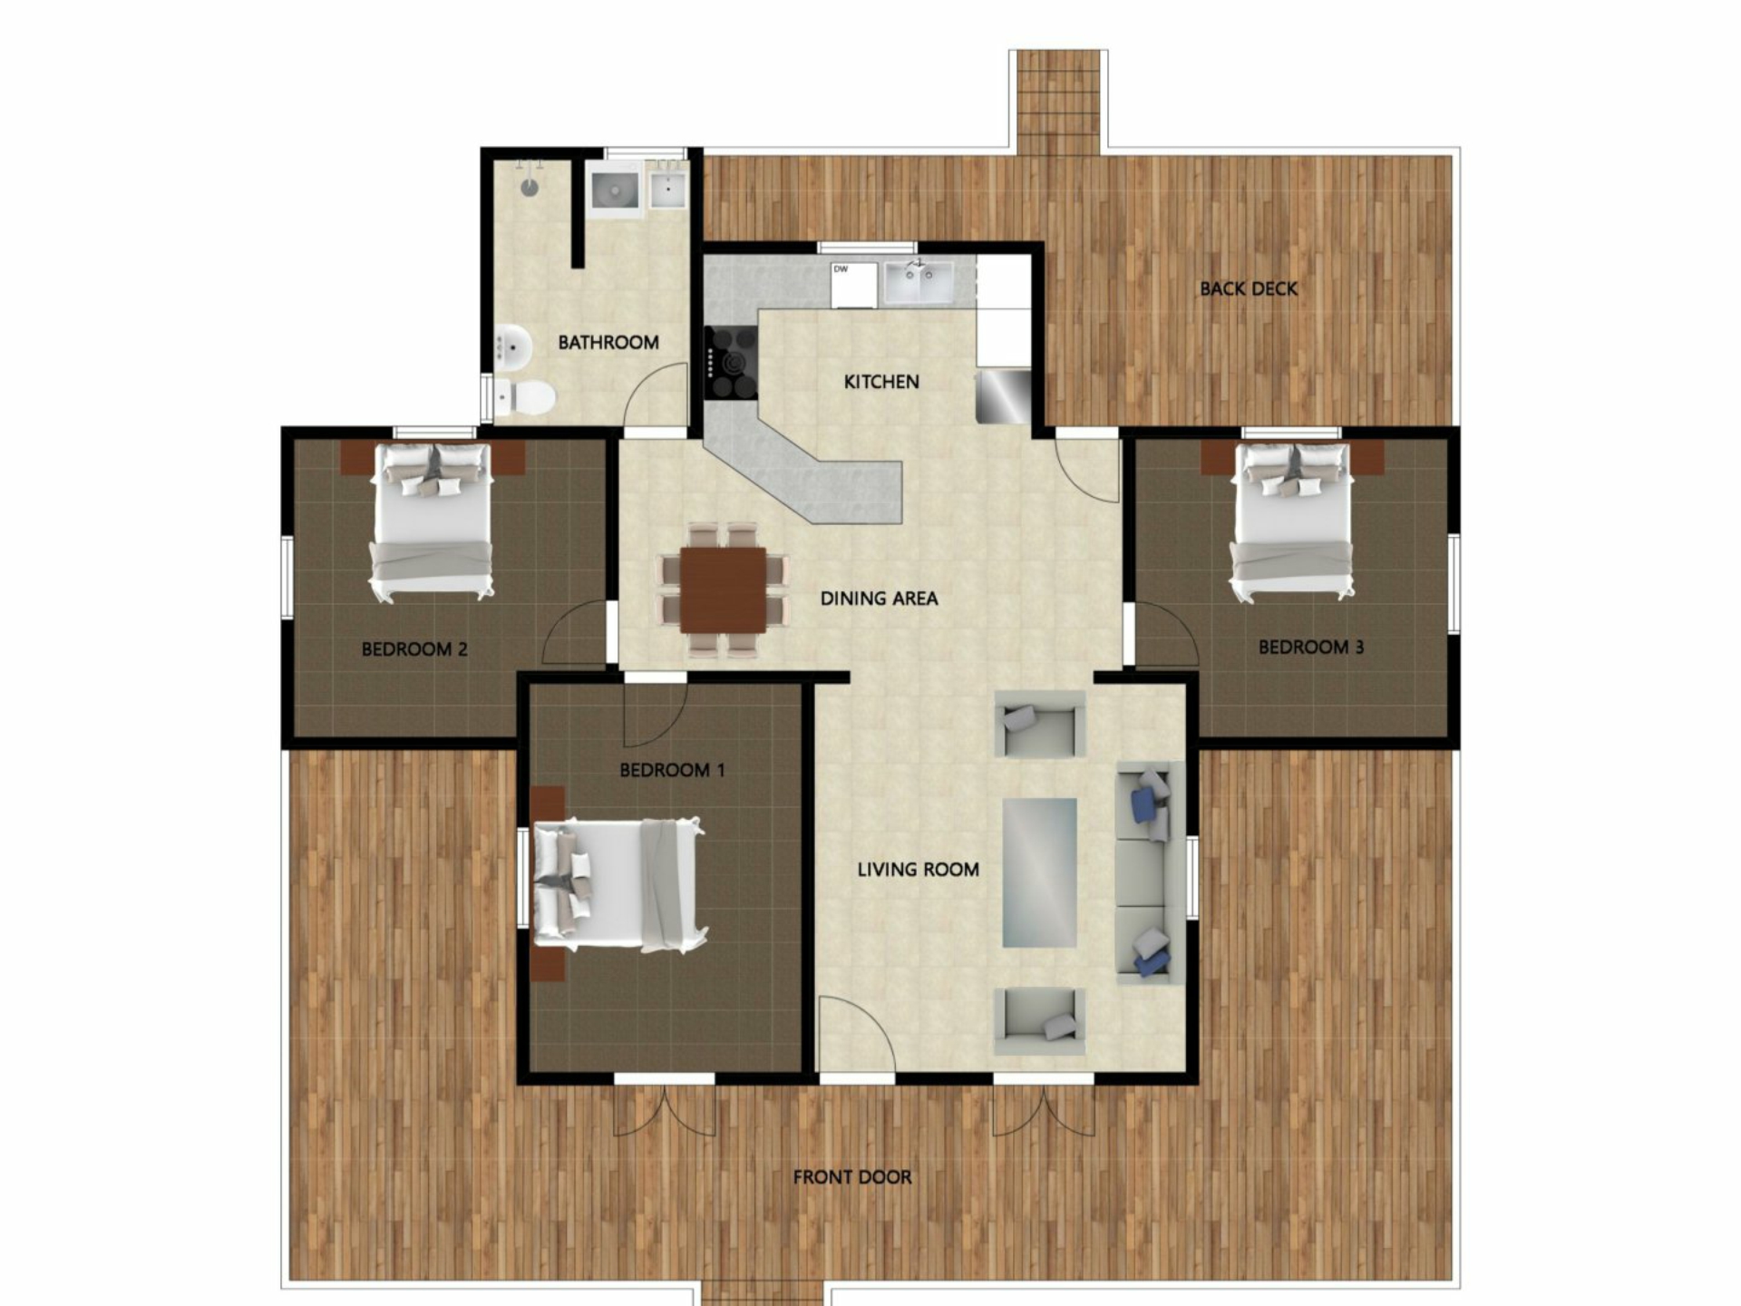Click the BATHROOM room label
(x=608, y=342)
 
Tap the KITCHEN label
(x=881, y=382)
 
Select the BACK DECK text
(x=1249, y=288)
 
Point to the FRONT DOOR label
(x=852, y=1177)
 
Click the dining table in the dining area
(x=724, y=590)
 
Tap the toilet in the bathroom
(x=525, y=396)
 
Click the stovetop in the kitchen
(x=732, y=363)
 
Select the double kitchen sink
(x=919, y=282)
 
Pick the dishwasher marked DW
(x=854, y=285)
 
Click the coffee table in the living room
(x=1039, y=872)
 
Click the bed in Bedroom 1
(x=619, y=884)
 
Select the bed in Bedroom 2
(x=433, y=521)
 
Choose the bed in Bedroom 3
(x=1291, y=521)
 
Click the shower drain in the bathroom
(x=529, y=187)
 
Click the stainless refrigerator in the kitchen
(x=1003, y=395)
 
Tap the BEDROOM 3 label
(x=1310, y=647)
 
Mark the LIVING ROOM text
(x=918, y=870)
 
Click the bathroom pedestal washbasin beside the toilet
(x=513, y=346)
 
